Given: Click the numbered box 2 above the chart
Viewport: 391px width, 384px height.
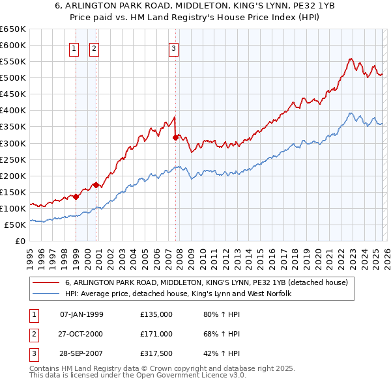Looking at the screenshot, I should (x=94, y=48).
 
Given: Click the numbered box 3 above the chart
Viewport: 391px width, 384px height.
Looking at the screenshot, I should (x=174, y=48).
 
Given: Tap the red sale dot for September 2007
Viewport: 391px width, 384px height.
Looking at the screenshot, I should (x=176, y=137).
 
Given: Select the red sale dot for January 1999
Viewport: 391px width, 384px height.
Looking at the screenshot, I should (x=76, y=197).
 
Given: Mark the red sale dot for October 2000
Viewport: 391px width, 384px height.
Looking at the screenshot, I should (x=96, y=185).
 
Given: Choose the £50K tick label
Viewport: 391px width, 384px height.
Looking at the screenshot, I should (x=15, y=225).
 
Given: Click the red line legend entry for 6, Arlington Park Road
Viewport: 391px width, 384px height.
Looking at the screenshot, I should (x=207, y=282).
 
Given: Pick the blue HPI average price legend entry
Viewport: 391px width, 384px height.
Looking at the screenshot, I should (x=177, y=294).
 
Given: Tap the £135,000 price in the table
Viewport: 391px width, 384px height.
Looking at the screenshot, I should (x=156, y=314).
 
